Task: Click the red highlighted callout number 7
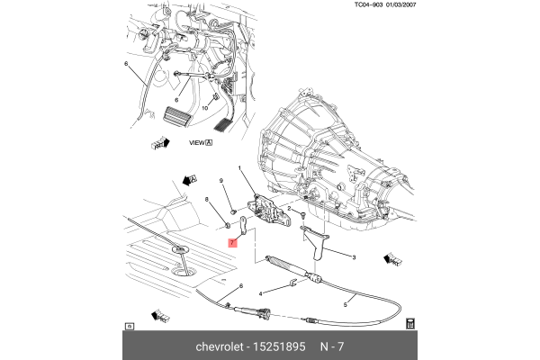(232, 243)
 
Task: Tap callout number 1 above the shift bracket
(240, 168)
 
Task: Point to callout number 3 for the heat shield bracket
(354, 258)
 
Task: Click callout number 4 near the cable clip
(261, 293)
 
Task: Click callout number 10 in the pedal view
(204, 108)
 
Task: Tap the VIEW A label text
(200, 142)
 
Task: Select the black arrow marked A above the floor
(190, 179)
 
